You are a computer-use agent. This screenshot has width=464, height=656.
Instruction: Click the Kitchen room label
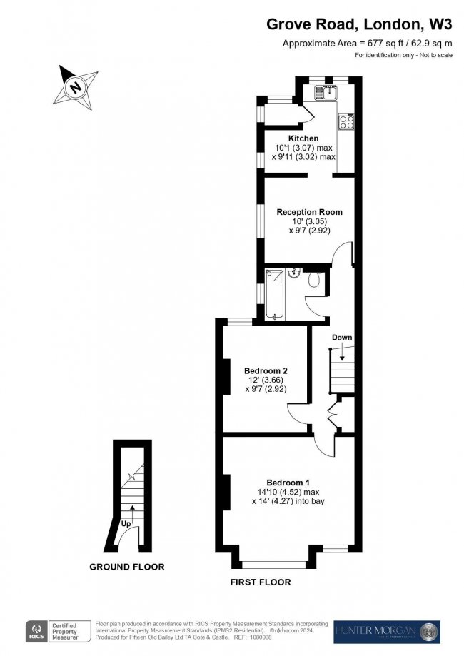click(303, 138)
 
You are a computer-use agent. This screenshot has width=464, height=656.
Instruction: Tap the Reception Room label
click(309, 212)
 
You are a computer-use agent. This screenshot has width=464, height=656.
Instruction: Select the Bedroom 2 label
click(266, 370)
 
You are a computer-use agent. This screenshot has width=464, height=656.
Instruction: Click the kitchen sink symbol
click(329, 91)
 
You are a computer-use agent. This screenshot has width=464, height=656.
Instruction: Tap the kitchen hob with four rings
click(347, 121)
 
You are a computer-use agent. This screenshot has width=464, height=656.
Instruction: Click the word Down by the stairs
click(342, 338)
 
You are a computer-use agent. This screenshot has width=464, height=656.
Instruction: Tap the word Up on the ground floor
click(126, 523)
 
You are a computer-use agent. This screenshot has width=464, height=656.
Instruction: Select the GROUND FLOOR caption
click(126, 567)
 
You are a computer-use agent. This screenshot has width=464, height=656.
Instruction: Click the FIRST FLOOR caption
click(261, 582)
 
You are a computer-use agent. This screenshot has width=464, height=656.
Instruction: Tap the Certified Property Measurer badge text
click(66, 632)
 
